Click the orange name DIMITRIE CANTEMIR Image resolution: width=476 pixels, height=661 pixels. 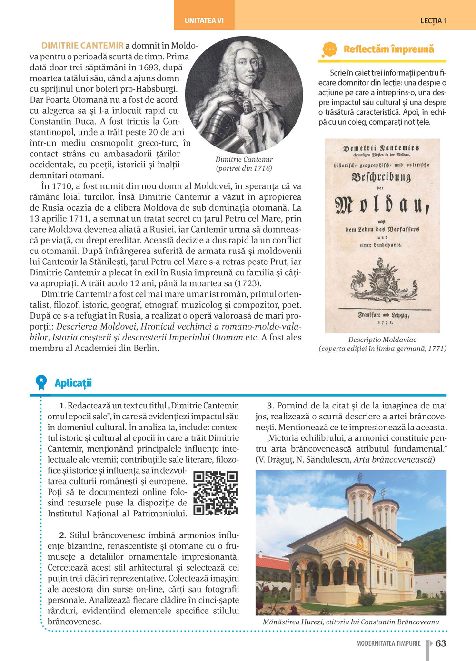click(x=82, y=46)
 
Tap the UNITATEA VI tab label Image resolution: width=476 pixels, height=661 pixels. click(x=204, y=20)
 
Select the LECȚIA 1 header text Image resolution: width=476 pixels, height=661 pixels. click(x=433, y=20)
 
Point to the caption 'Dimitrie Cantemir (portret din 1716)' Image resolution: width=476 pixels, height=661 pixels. click(x=244, y=164)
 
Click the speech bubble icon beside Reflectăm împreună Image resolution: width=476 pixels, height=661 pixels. click(x=329, y=49)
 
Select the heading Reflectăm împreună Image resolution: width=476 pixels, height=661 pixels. click(x=388, y=49)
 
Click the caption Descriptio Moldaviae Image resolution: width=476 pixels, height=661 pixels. click(x=382, y=340)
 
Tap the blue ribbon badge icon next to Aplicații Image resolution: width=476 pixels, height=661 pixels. click(x=41, y=382)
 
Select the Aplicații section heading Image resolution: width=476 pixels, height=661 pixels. click(x=73, y=383)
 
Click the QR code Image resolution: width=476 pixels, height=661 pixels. click(x=216, y=493)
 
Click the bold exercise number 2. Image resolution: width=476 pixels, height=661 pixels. click(x=62, y=535)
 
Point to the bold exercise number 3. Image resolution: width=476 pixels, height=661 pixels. click(x=270, y=406)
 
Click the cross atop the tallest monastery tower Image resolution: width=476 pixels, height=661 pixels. click(x=360, y=477)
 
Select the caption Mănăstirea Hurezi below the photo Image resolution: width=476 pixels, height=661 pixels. click(x=351, y=622)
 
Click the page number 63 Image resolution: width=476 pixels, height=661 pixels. click(x=441, y=643)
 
